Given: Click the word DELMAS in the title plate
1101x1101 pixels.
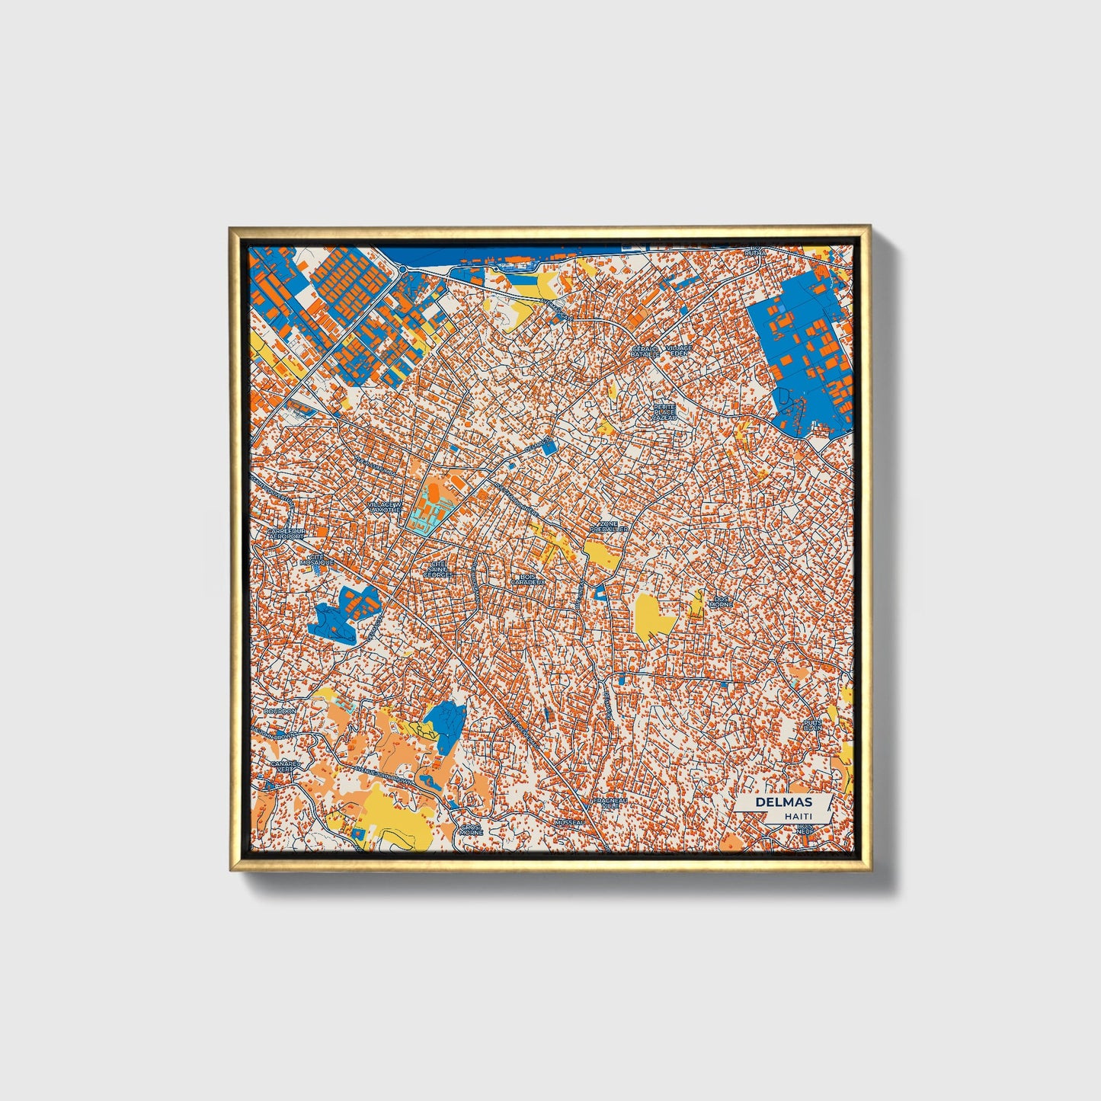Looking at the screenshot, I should click(x=784, y=802).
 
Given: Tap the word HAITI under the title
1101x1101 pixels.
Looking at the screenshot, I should click(x=798, y=816).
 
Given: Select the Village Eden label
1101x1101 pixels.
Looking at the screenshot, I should click(x=679, y=351).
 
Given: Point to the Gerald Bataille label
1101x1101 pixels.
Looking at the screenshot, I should click(x=645, y=351).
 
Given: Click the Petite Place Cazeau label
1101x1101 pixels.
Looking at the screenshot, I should click(x=664, y=412).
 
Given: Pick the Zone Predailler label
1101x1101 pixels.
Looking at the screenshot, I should click(x=609, y=526).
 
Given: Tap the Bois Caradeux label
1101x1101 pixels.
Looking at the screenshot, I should click(x=528, y=580).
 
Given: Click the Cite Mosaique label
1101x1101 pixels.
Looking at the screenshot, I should click(x=317, y=559).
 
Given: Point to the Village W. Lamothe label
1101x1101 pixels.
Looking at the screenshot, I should click(x=383, y=508).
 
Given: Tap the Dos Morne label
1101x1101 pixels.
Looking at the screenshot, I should click(x=721, y=601).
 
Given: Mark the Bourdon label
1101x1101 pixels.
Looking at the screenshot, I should click(x=280, y=711).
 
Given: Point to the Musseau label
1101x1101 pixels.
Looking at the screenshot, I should click(x=569, y=823).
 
